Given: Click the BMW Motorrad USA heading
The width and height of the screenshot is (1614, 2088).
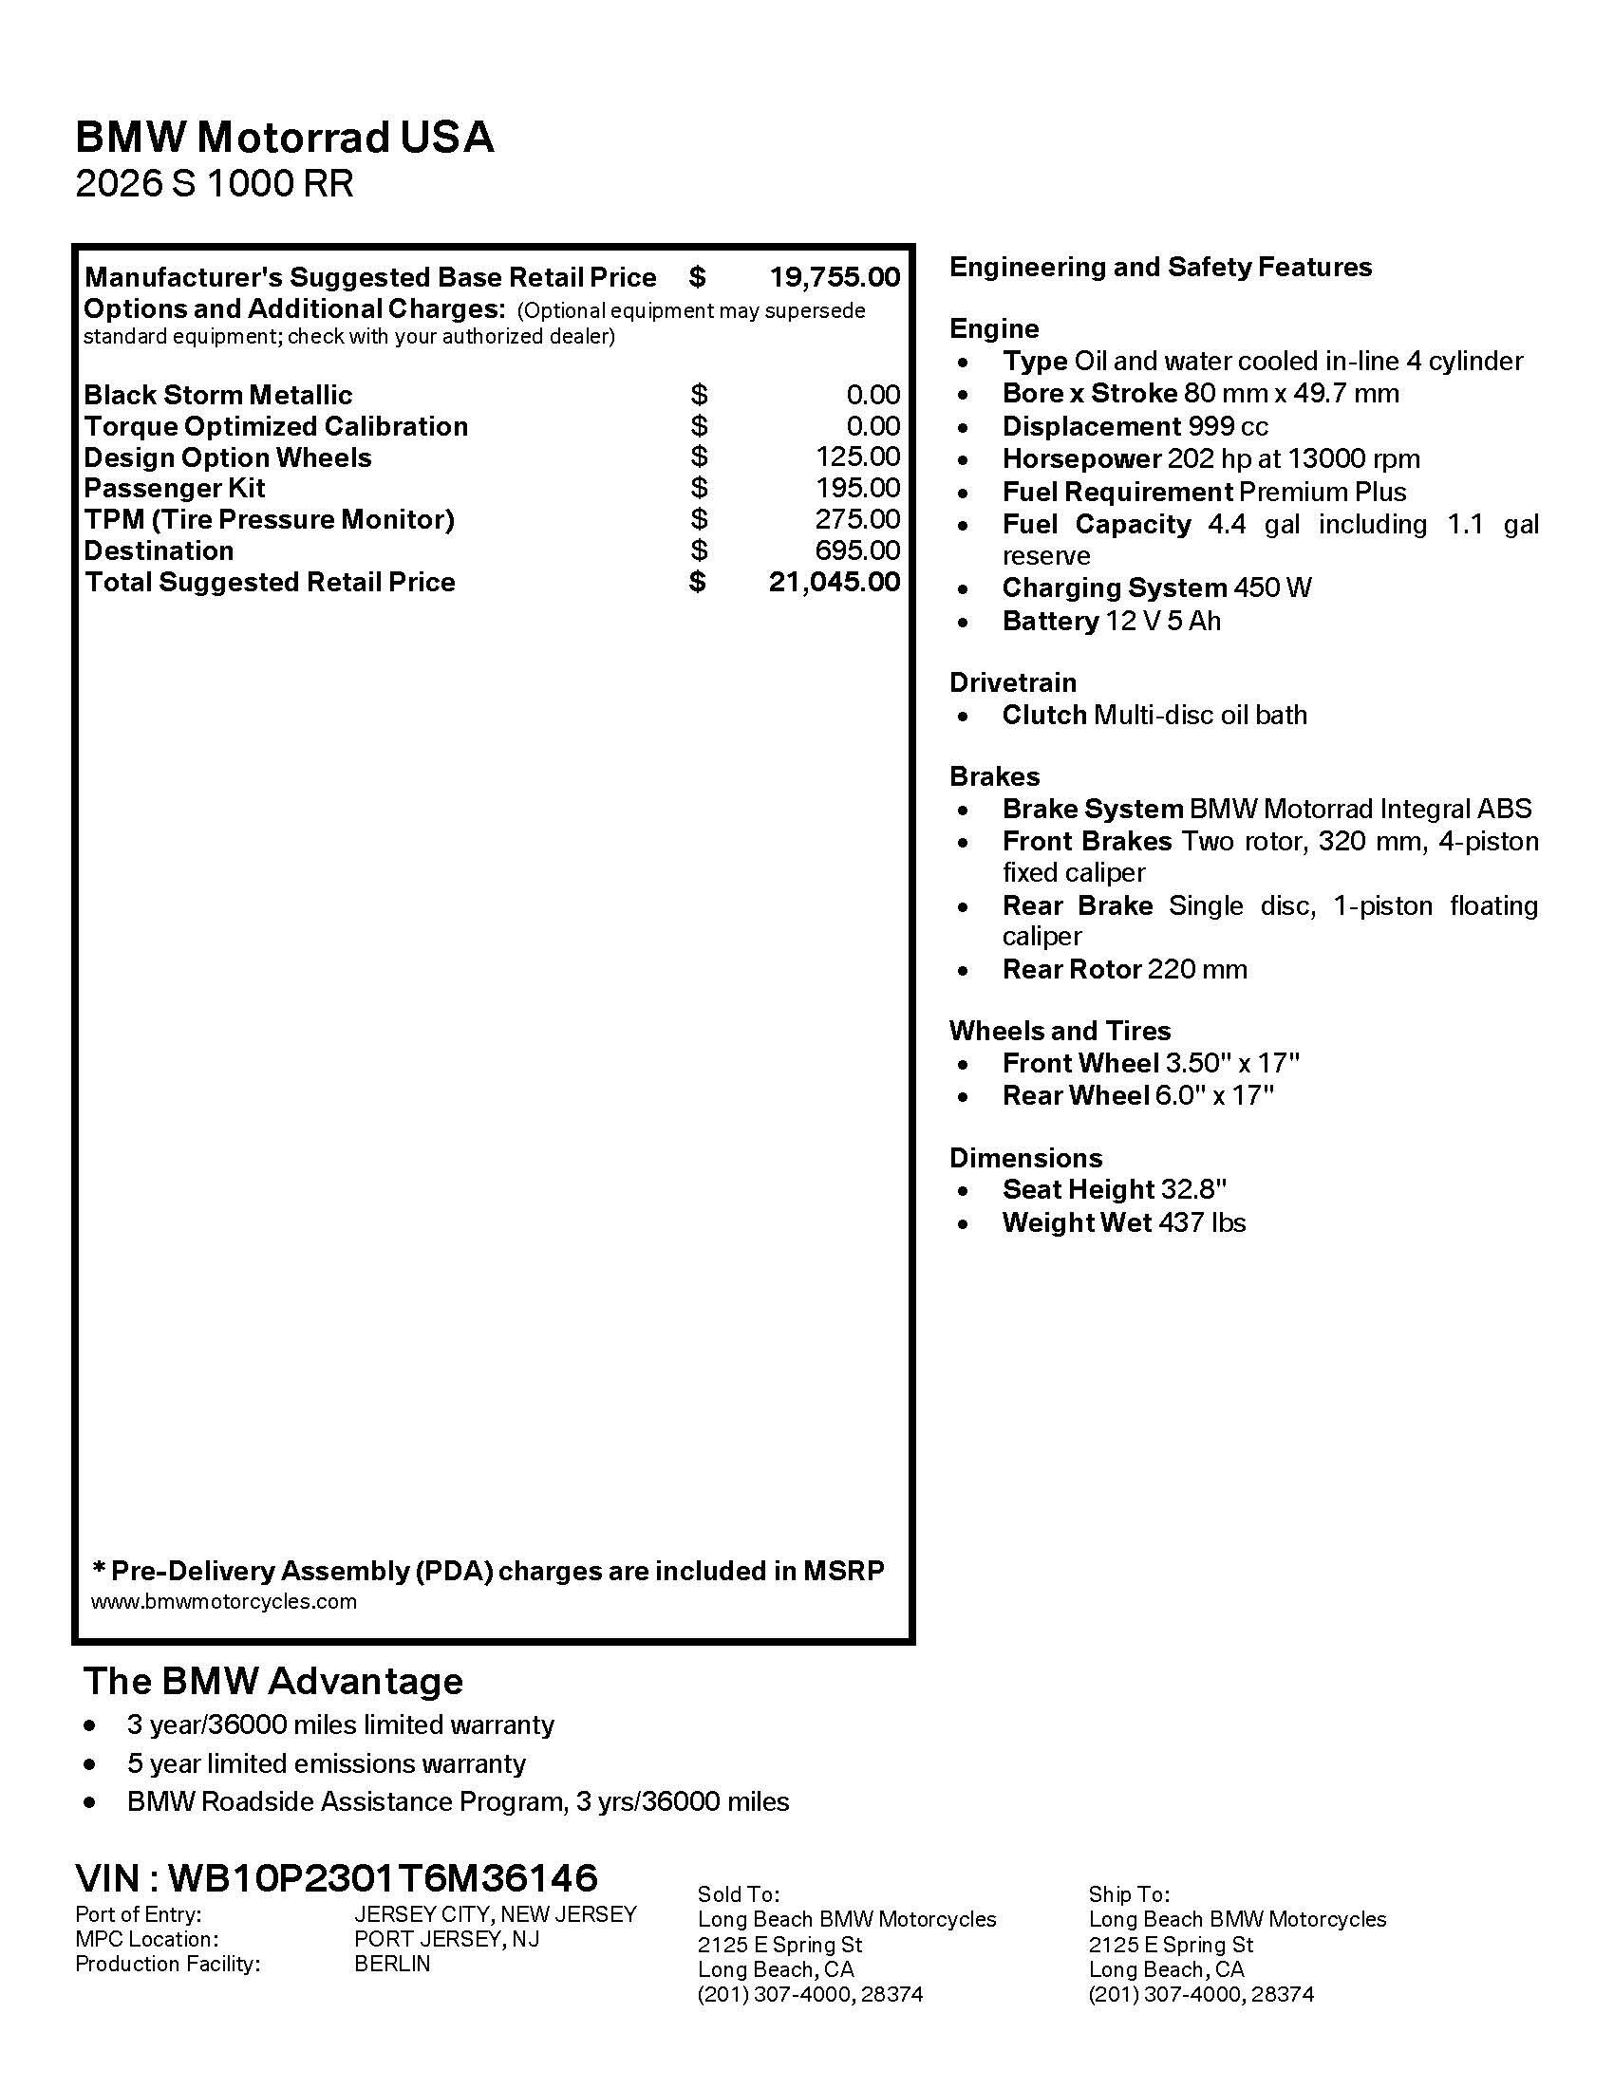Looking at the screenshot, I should point(284,138).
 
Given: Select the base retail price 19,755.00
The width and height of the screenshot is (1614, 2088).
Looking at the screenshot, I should point(834,277).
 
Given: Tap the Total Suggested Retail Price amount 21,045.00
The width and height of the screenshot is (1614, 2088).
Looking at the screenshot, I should point(834,581).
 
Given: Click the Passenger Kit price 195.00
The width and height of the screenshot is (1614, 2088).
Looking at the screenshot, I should point(856,488).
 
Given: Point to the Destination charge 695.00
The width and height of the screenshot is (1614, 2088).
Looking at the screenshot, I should point(856,550).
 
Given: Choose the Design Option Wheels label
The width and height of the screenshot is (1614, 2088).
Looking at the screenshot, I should point(228,457).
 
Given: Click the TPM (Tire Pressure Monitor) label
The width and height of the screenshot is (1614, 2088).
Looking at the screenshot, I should point(269,519).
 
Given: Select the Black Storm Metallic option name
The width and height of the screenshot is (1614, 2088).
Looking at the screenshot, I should point(218,395).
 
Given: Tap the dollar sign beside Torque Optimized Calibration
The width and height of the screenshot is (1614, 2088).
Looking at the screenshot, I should point(699,425).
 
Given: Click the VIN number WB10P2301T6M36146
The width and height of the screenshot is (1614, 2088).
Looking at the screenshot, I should point(383,1877).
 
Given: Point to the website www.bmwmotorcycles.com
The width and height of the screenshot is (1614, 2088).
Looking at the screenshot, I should point(224,1601).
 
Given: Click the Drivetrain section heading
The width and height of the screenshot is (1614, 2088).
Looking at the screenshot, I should point(1013,682).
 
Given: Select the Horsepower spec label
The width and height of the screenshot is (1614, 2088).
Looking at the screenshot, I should point(1080,459).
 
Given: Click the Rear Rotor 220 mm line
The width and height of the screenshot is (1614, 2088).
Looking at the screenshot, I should point(1124,969).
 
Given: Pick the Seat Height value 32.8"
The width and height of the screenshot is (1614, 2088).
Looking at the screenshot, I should point(1193,1189).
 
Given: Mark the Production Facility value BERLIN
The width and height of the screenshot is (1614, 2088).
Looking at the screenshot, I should point(392,1964).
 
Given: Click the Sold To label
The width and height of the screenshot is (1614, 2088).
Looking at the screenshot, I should point(738,1894).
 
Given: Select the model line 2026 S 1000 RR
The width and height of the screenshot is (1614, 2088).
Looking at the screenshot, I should point(215,183).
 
